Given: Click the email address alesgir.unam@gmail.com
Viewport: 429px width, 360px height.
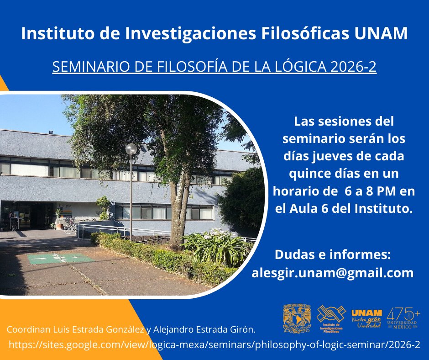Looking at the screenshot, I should [333, 273].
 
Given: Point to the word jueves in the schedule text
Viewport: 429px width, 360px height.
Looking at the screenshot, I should [333, 156].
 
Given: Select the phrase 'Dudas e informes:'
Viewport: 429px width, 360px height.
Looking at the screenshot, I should [333, 254].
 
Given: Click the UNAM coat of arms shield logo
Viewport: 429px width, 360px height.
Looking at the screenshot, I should [297, 318].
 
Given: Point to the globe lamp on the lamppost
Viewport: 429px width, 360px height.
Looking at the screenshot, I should [131, 149].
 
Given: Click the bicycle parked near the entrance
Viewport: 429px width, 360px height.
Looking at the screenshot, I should [70, 226].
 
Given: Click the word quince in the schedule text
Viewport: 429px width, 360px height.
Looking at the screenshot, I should [311, 174].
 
